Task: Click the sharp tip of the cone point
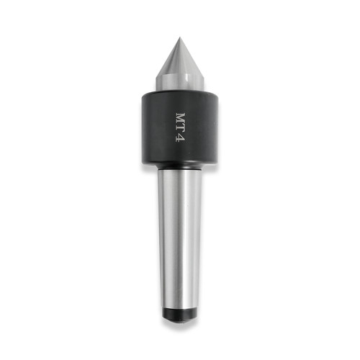coord(179,37)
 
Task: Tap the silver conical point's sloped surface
coord(179,60)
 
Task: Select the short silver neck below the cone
coord(180,83)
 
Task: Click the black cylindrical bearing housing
coord(180,128)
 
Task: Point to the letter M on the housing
coord(181,118)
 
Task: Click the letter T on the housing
coord(181,129)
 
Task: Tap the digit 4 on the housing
coord(180,138)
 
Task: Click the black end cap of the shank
coord(179,315)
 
